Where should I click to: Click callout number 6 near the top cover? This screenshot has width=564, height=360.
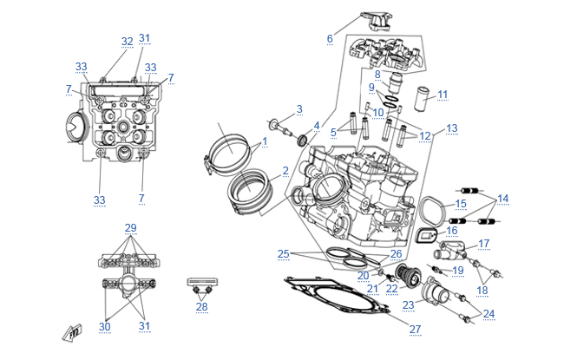330,39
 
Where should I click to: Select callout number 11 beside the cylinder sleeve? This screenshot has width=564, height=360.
443,95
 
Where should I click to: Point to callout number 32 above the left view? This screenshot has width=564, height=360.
128,42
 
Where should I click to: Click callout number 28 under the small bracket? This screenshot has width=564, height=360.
202,307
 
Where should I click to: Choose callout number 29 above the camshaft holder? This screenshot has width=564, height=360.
131,228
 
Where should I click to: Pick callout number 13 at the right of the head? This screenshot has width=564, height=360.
451,128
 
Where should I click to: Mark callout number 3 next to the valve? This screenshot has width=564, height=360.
299,108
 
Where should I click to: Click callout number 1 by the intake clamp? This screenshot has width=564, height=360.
264,141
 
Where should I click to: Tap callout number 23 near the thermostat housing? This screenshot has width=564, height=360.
408,305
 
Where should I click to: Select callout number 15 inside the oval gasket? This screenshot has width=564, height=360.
461,204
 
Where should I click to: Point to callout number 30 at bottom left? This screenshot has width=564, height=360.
105,326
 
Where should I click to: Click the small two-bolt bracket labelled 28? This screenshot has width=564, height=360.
201,286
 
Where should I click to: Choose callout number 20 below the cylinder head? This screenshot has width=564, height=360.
364,275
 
